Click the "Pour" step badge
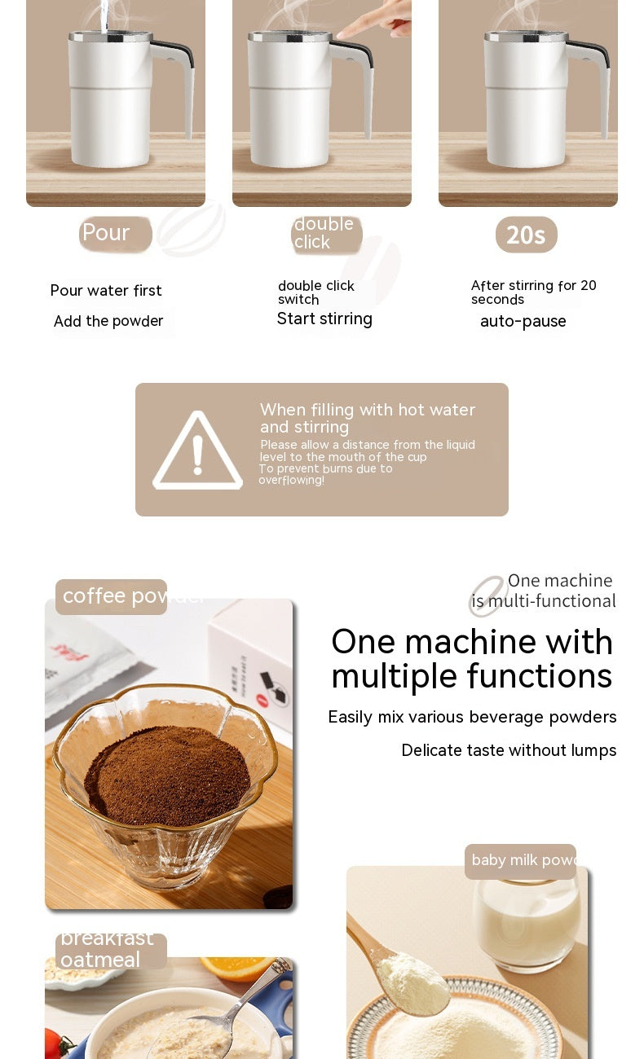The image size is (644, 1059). pyautogui.click(x=115, y=234)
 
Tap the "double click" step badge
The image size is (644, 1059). pyautogui.click(x=326, y=234)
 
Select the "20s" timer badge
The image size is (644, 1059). pyautogui.click(x=526, y=235)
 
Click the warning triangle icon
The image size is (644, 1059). pyautogui.click(x=197, y=452)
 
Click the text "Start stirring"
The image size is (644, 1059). pyautogui.click(x=324, y=319)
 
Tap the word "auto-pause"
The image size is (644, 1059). pyautogui.click(x=523, y=322)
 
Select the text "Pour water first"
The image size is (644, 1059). pyautogui.click(x=106, y=291)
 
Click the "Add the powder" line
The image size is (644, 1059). pyautogui.click(x=108, y=322)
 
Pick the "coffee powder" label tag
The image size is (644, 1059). pyautogui.click(x=111, y=596)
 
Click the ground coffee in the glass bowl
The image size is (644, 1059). pyautogui.click(x=167, y=774)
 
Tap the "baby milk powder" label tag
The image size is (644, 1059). pyautogui.click(x=520, y=861)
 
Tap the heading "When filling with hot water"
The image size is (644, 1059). pyautogui.click(x=367, y=410)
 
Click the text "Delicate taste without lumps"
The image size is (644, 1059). pyautogui.click(x=509, y=750)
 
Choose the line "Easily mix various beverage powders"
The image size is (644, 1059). pyautogui.click(x=472, y=717)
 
